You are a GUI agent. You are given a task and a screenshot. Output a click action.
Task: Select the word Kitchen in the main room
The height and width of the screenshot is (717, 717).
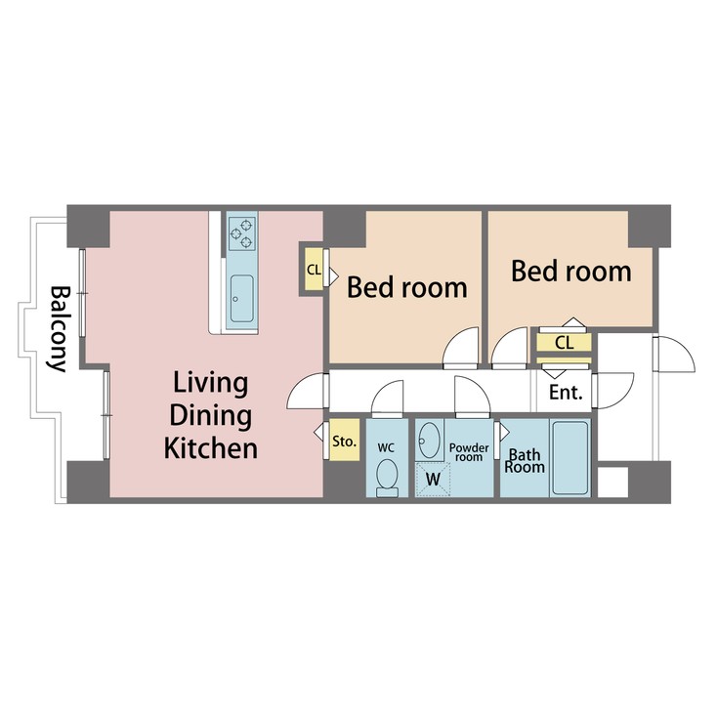click(x=210, y=448)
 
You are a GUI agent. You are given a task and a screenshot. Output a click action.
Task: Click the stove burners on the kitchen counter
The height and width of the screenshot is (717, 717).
click(x=240, y=232)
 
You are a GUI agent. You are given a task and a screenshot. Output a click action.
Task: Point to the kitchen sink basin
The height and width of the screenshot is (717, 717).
click(x=240, y=292)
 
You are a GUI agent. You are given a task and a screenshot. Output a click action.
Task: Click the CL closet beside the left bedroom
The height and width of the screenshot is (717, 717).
click(x=313, y=270)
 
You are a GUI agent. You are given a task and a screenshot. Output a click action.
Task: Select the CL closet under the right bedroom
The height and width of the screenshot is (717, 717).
click(x=564, y=343)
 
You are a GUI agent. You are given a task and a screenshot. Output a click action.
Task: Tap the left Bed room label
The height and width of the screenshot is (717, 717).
click(x=407, y=288)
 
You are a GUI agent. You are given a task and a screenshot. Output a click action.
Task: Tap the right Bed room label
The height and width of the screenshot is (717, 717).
click(x=571, y=271)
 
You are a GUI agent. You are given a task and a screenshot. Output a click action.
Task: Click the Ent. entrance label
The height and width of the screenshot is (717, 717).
click(x=566, y=394)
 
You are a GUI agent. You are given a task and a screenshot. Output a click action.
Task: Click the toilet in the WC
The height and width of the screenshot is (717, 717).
click(x=387, y=478)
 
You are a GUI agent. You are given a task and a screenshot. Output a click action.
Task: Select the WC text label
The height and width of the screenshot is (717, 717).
click(x=387, y=447)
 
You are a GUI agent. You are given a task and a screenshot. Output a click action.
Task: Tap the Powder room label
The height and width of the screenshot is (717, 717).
click(x=467, y=452)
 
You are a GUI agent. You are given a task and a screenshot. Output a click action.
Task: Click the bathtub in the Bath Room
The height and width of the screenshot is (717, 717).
click(x=569, y=457)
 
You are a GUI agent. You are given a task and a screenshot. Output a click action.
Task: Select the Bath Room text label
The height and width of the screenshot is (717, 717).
click(x=524, y=460)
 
